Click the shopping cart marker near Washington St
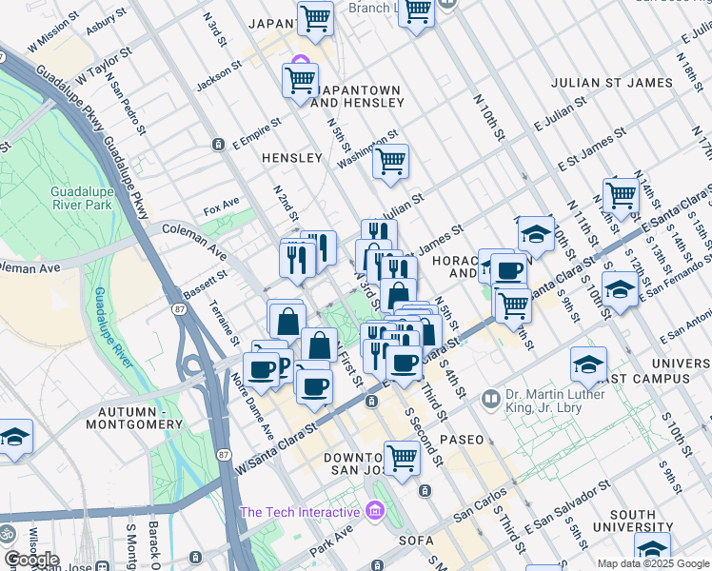390,162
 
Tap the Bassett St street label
205,285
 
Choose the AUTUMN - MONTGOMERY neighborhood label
139,417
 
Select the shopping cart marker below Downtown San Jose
403,458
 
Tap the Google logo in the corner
30,560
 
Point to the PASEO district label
461,440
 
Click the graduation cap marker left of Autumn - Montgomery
15,438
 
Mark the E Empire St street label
257,134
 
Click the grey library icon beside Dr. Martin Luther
491,397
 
